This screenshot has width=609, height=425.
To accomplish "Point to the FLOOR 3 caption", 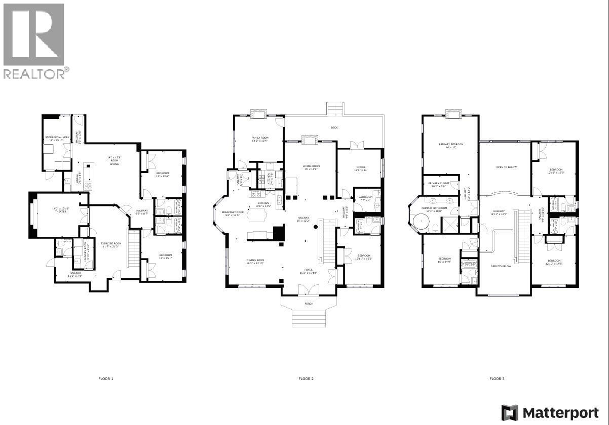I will point(497,378).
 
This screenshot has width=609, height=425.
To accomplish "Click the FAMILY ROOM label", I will point(260,138).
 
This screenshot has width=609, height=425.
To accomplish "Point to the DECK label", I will point(334,127).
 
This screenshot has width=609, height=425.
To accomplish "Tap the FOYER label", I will point(308,270).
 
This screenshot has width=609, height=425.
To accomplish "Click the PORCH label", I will point(309,304).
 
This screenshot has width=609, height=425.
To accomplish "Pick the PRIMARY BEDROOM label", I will point(451,144).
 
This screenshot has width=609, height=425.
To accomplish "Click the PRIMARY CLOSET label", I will point(439,183).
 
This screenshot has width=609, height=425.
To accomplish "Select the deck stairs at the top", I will point(334,109).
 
